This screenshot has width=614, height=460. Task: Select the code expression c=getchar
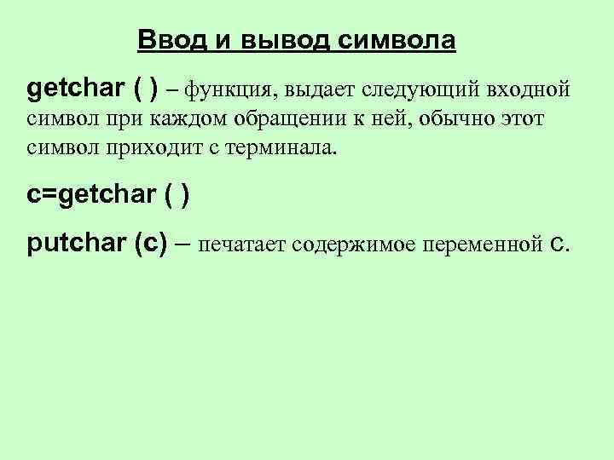click(x=91, y=195)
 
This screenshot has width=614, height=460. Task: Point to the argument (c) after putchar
click(x=150, y=244)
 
